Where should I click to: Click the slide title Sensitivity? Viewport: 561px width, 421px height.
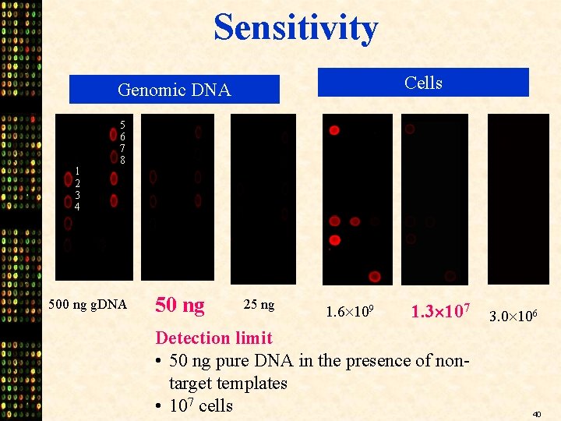point(295,27)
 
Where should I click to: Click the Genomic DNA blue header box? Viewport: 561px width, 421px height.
point(174,90)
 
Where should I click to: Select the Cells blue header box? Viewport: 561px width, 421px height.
point(422,83)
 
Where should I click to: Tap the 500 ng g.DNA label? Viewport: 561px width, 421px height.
point(87,304)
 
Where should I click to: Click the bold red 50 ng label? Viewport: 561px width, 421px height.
point(180,305)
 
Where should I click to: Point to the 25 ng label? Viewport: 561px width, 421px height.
point(259,304)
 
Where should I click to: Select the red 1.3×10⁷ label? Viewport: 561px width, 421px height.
point(439,312)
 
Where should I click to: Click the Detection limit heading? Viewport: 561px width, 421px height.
point(213,338)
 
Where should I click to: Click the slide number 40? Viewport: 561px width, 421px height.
point(537,414)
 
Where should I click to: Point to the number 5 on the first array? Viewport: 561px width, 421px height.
point(122,125)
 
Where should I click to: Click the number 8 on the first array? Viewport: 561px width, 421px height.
point(122,160)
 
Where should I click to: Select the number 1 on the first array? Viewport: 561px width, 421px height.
point(77,172)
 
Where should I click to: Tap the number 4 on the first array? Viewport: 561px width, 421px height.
point(77,207)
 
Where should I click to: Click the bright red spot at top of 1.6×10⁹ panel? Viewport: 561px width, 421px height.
point(334,130)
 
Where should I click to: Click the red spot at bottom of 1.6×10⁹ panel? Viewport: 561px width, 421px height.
point(375,276)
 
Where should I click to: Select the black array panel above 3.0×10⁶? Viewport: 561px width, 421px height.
point(518,199)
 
